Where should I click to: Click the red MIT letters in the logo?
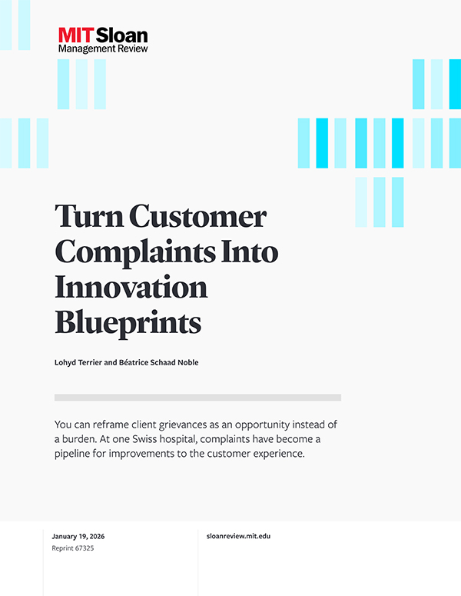pyautogui.click(x=75, y=35)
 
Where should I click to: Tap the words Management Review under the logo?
pyautogui.click(x=103, y=48)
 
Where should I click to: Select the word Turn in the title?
pyautogui.click(x=85, y=218)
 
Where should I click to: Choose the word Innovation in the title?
pyautogui.click(x=131, y=288)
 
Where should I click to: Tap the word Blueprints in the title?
pyautogui.click(x=128, y=322)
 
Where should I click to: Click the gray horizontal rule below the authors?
pyautogui.click(x=197, y=398)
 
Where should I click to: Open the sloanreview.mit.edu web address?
pyautogui.click(x=240, y=535)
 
